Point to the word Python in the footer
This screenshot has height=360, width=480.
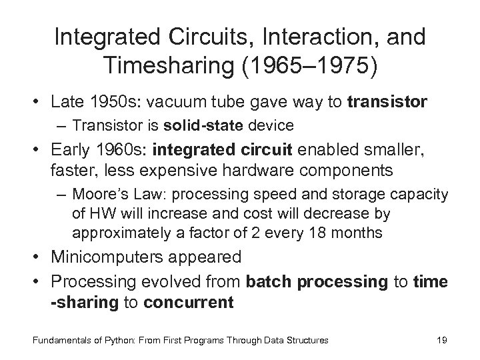click(x=118, y=340)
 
